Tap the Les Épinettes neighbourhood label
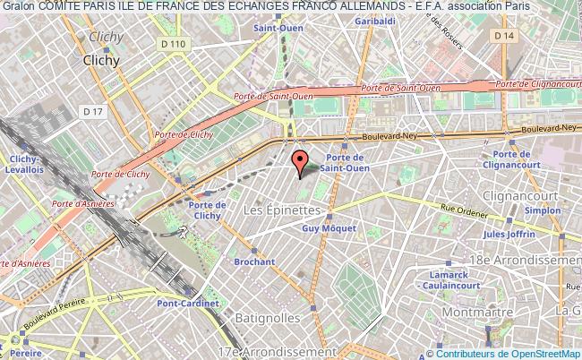point(281,209)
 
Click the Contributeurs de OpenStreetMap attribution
point(514,352)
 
